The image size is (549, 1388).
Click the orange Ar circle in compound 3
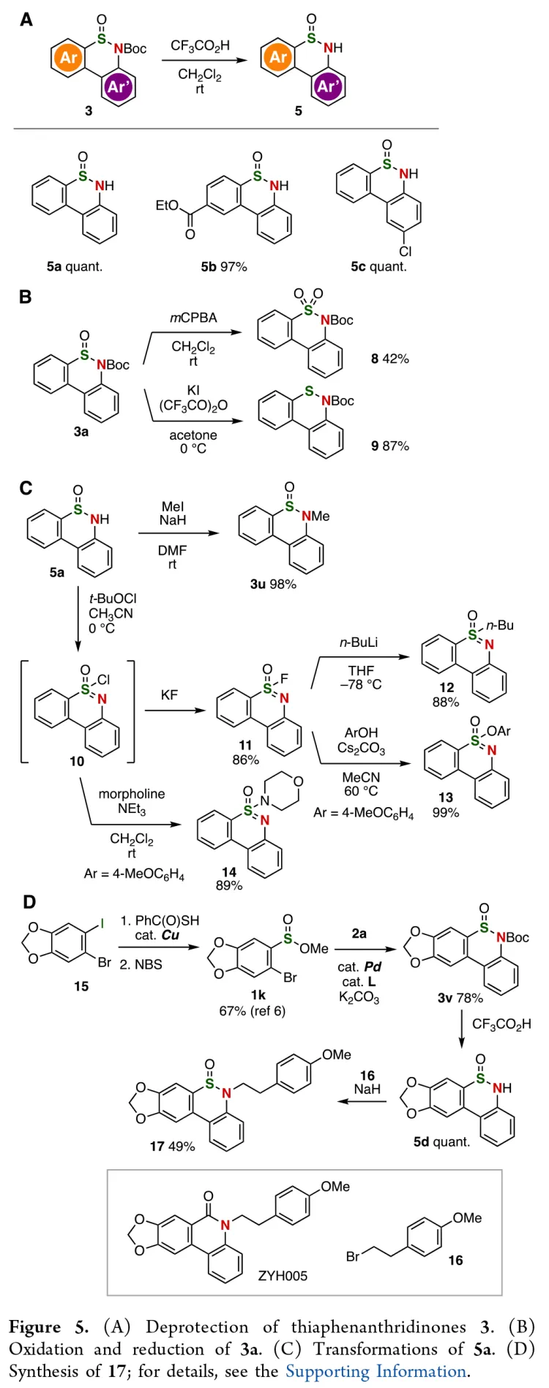[69, 57]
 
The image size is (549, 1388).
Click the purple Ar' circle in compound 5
[328, 86]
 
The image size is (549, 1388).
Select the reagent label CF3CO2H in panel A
[200, 45]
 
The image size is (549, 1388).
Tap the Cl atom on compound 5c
[405, 251]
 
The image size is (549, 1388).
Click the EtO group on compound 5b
[167, 206]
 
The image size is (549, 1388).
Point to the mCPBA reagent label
[193, 318]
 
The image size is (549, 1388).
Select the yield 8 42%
[389, 359]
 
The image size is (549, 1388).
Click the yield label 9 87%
[389, 446]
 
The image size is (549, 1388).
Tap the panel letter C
[26, 488]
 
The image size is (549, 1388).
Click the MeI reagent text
[173, 506]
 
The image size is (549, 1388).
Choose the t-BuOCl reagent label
[113, 598]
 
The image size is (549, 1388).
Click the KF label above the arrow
[169, 694]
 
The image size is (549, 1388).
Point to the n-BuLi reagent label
[359, 642]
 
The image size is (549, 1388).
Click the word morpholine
[132, 794]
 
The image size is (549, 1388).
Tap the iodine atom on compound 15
[102, 923]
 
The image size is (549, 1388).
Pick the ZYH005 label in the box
[283, 1275]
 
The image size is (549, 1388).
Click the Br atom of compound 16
[353, 1256]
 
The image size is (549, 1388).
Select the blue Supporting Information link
[375, 1370]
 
